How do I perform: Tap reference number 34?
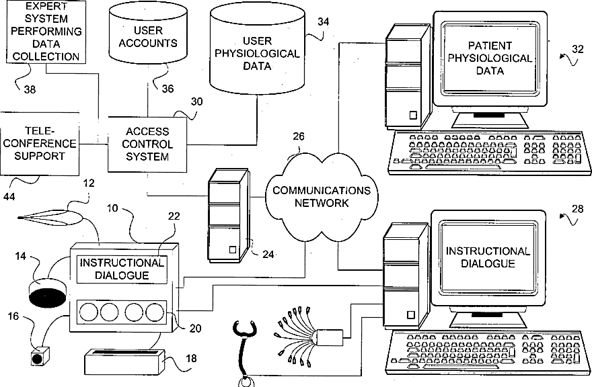click(x=323, y=22)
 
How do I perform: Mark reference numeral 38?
click(x=30, y=88)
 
